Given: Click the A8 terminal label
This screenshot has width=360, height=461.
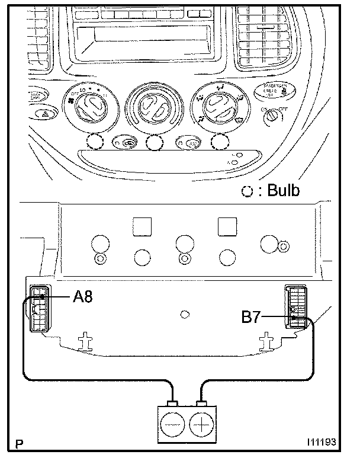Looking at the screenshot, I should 82,296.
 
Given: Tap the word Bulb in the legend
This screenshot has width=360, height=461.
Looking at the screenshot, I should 283,190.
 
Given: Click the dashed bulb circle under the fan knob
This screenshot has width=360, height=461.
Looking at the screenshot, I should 95,142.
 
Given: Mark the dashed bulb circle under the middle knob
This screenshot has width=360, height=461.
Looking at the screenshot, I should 155,143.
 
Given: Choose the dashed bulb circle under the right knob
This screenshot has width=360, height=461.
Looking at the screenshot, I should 220,142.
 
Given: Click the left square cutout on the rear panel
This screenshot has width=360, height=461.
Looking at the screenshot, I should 142,225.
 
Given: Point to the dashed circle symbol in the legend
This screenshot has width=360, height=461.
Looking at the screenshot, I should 249,191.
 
